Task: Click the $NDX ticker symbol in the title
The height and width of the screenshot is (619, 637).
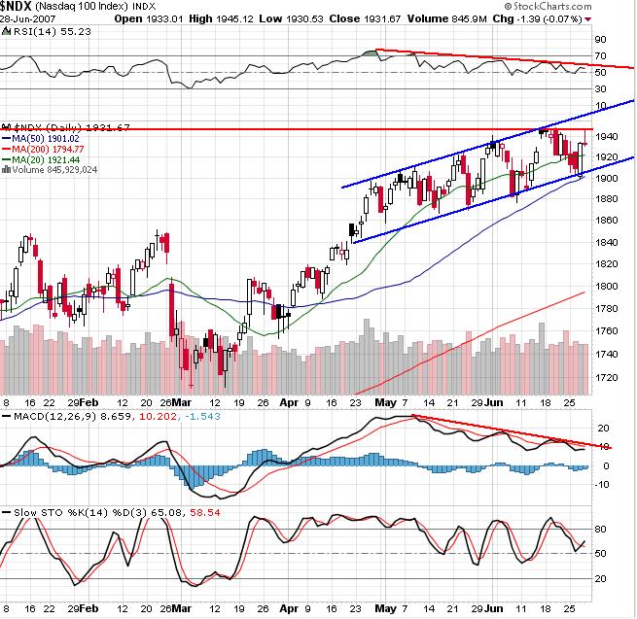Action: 19,8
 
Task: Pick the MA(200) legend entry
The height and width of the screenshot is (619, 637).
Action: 45,148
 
